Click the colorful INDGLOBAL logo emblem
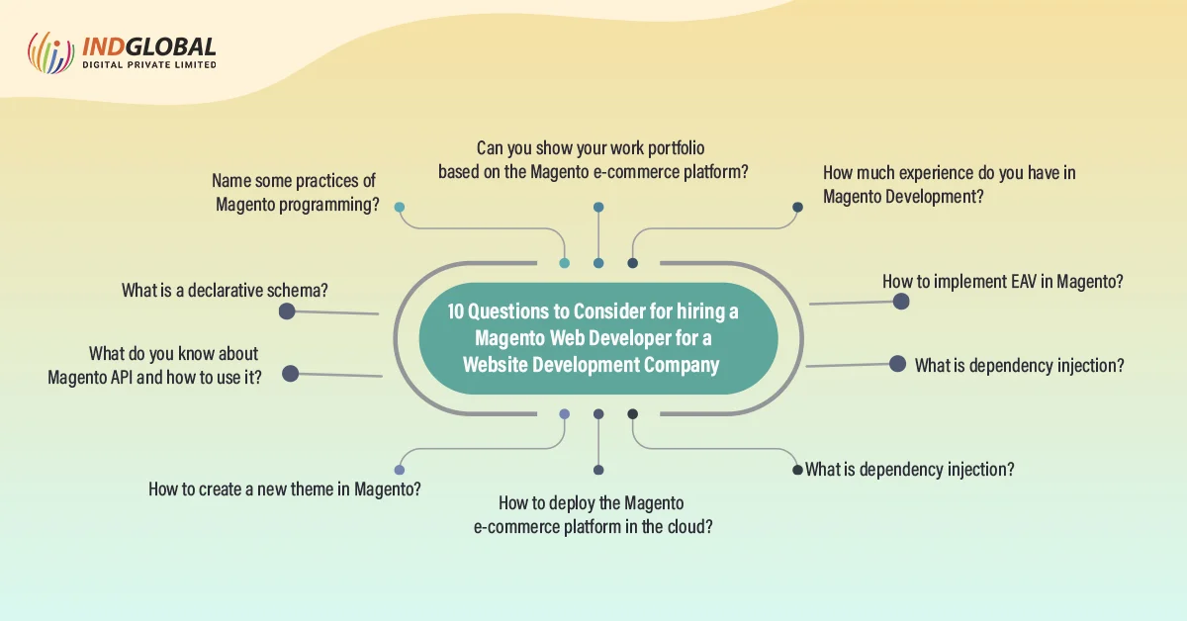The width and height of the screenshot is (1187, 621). pos(50,52)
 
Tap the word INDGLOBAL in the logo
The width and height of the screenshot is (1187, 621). pos(148,46)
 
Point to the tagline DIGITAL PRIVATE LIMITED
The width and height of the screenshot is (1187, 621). pos(148,65)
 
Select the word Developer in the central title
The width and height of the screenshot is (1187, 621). pos(625,338)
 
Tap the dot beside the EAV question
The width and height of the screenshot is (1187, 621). pos(900,301)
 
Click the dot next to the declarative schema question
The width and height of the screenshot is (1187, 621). pos(287,311)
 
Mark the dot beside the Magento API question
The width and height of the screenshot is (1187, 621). pos(290,373)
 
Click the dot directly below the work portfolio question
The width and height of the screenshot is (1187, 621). pos(598,208)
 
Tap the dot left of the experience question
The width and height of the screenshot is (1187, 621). pos(797,208)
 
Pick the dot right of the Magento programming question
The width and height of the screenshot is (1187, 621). pos(400,208)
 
